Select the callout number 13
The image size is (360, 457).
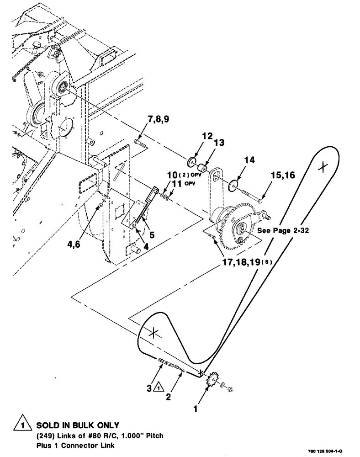click(x=219, y=143)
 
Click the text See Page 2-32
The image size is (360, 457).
click(x=283, y=231)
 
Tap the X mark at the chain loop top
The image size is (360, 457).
click(x=323, y=167)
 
